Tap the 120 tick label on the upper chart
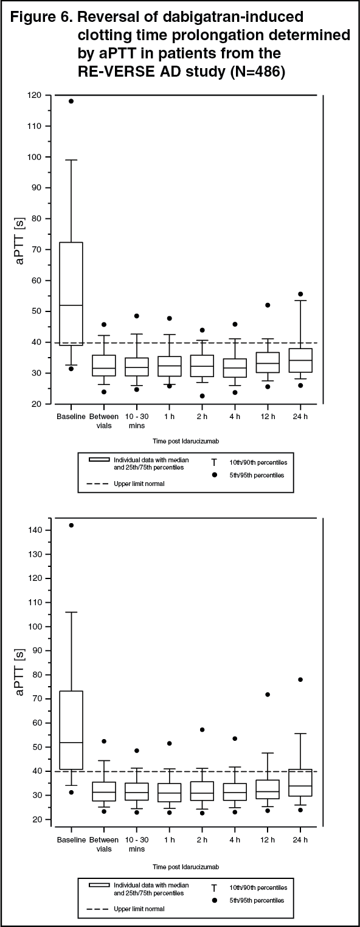[x=35, y=95]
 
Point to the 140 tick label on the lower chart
[x=35, y=530]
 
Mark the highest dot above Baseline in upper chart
[x=71, y=101]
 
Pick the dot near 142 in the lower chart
[x=71, y=525]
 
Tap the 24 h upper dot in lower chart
[x=300, y=679]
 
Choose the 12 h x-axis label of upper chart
[x=268, y=416]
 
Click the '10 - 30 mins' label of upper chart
[x=137, y=420]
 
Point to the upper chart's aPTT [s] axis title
[x=19, y=240]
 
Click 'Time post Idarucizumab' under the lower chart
[x=186, y=867]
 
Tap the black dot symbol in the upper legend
[x=214, y=474]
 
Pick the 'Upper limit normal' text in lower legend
[x=139, y=909]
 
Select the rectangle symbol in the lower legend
[x=99, y=885]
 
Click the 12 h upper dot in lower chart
[x=268, y=695]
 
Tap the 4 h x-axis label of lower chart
[x=235, y=839]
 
